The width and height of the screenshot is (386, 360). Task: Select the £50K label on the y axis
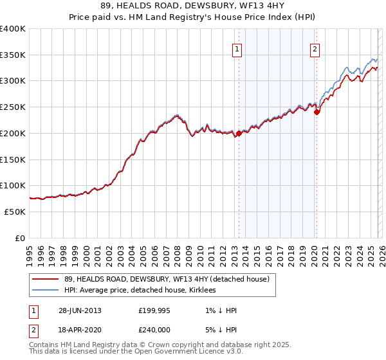[15, 212]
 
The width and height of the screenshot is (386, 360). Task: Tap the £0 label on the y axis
[20, 238]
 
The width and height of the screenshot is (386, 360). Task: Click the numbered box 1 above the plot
[237, 50]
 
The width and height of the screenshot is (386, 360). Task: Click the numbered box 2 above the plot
[315, 50]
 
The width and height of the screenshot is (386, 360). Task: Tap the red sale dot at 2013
[239, 134]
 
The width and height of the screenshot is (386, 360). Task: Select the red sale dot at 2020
[316, 112]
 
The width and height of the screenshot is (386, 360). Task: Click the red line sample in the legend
[45, 279]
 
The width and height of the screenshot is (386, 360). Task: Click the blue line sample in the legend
[45, 290]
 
